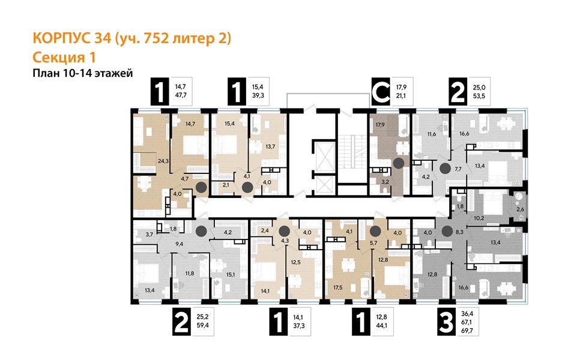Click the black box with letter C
pos(380,93)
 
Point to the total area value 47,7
pos(180,96)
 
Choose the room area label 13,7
pos(270,146)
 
